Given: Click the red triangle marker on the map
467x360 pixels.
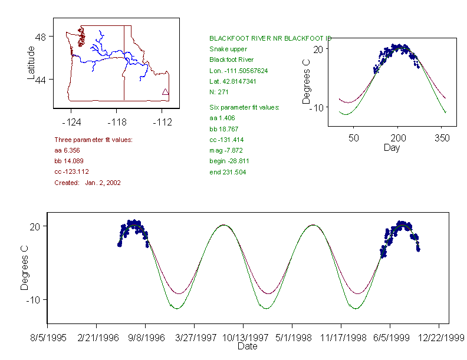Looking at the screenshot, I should pos(165,91).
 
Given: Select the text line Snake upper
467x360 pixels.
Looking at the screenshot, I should pos(228,49).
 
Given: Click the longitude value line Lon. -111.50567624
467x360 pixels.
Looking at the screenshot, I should pos(238,71).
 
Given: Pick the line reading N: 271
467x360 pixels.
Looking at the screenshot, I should pos(219,92).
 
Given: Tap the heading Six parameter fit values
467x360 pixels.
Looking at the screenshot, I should pos(244,107).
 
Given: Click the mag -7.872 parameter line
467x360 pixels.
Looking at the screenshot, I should pos(226,150).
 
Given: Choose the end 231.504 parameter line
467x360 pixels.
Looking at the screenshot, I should pos(228,172).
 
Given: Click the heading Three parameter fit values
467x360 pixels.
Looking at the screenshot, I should pos(93,140).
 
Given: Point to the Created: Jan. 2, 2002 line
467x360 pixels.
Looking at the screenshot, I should pos(87,183).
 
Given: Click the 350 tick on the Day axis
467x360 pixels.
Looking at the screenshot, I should pos(442,138).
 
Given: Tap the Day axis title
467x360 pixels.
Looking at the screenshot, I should pos(392,147).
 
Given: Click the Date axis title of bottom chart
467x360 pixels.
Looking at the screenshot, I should pos(247,346).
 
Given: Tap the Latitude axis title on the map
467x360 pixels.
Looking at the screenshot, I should pos(31,63).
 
